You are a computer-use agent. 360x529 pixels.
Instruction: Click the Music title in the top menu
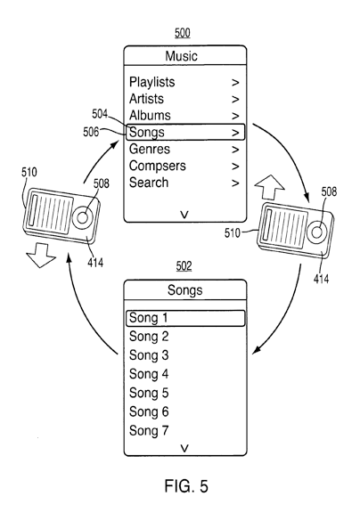click(182, 56)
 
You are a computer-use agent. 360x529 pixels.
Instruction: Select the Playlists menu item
click(152, 82)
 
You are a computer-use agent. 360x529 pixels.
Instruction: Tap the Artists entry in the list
click(146, 99)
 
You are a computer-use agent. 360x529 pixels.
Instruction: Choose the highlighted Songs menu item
click(185, 132)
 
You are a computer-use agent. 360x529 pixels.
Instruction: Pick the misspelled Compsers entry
click(158, 166)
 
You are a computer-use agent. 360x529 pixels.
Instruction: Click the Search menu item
click(149, 183)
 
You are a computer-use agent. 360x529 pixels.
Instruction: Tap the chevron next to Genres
click(235, 149)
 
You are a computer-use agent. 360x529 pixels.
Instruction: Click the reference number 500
click(183, 33)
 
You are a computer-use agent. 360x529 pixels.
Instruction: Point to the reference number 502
click(184, 266)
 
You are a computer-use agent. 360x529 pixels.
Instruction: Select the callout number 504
click(100, 114)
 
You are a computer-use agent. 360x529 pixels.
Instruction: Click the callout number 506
click(91, 132)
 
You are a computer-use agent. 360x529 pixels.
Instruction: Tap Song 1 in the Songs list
click(148, 318)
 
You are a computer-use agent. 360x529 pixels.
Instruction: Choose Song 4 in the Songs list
click(149, 374)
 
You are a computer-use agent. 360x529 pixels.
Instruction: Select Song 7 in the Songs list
click(149, 431)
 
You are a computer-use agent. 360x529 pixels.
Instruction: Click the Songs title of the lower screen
click(185, 290)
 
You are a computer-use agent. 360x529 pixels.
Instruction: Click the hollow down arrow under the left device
click(41, 256)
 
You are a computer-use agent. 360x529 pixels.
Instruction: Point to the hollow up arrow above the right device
click(269, 188)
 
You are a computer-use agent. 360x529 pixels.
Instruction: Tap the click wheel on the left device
click(82, 217)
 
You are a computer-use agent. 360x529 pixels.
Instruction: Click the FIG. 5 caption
click(186, 486)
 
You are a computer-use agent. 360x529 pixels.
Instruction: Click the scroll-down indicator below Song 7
click(184, 448)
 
